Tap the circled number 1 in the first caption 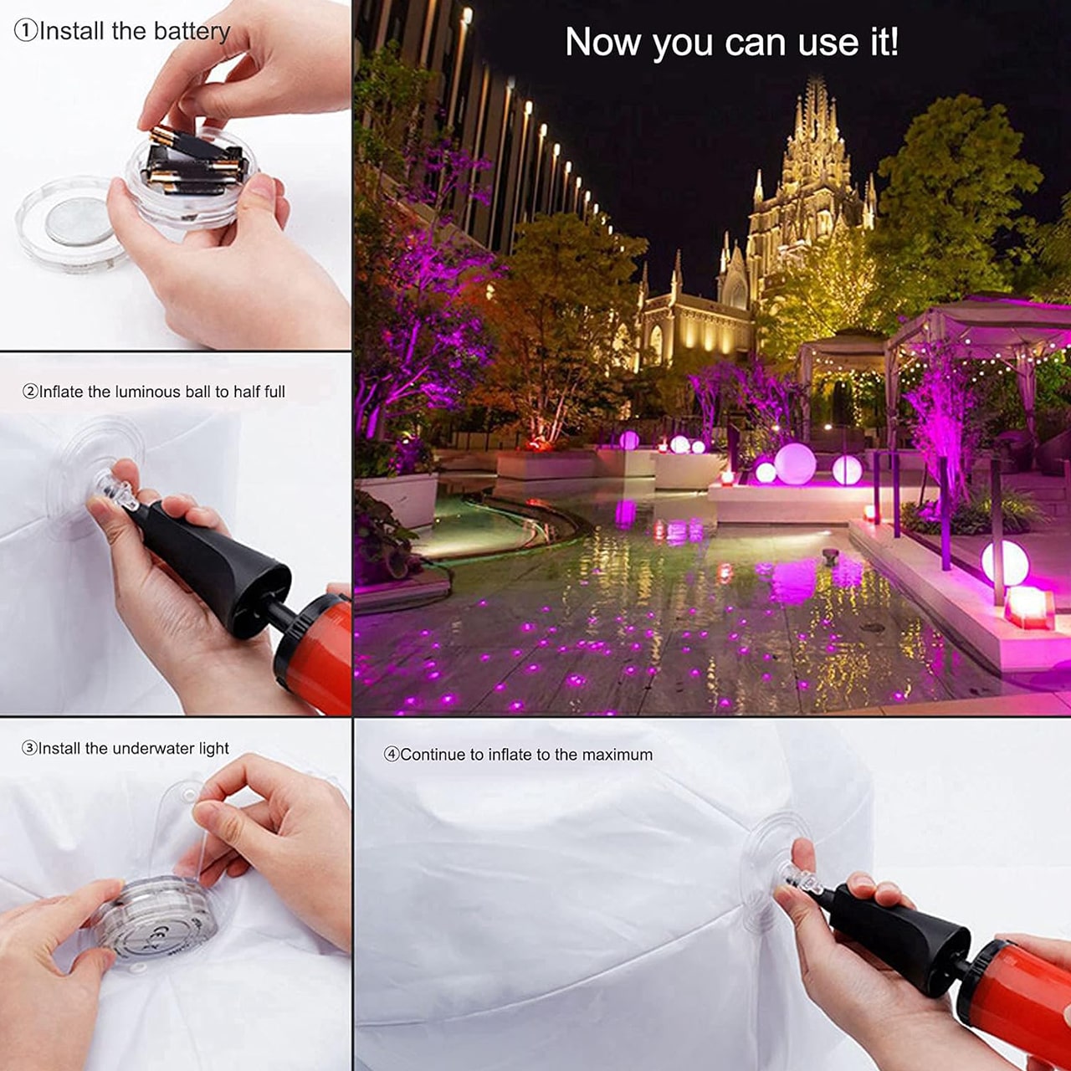point(26,32)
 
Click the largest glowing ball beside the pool point(795,464)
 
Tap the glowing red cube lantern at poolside point(1029,608)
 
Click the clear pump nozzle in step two point(116,490)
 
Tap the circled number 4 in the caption point(392,755)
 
